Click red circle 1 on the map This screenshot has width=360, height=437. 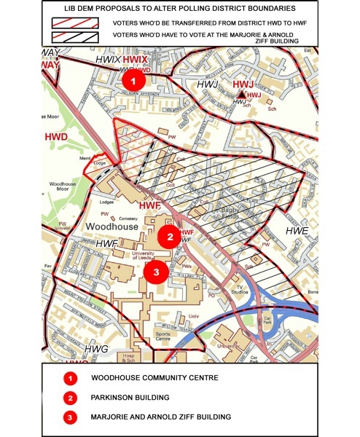[133, 80]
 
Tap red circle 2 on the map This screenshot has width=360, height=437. [169, 237]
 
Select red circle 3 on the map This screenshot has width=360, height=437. [154, 272]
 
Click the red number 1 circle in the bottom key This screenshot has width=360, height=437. [71, 379]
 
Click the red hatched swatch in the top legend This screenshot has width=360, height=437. [77, 22]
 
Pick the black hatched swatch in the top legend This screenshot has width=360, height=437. [77, 37]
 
